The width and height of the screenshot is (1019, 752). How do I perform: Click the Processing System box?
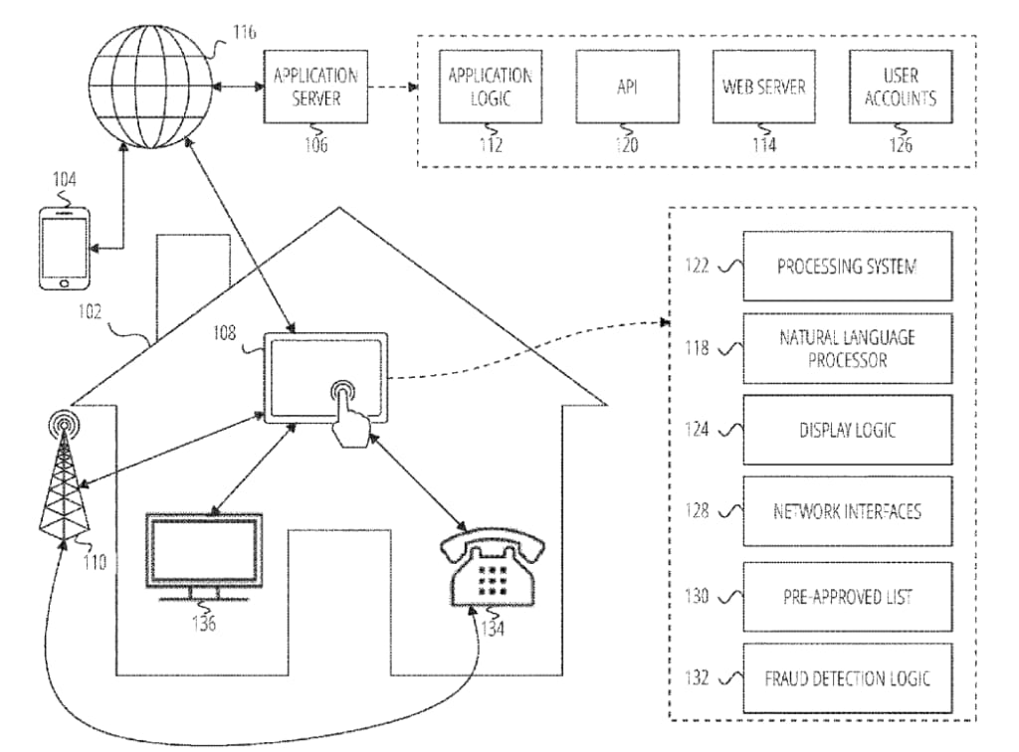pyautogui.click(x=846, y=267)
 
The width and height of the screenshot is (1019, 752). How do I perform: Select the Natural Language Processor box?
pyautogui.click(x=846, y=348)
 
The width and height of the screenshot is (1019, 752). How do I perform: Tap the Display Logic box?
pyautogui.click(x=846, y=430)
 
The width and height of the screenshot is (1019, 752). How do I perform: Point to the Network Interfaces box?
pyautogui.click(x=846, y=511)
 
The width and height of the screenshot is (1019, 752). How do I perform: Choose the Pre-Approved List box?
pyautogui.click(x=846, y=596)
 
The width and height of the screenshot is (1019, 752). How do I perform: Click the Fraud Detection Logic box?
pyautogui.click(x=846, y=678)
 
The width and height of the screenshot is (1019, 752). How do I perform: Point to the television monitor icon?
pyautogui.click(x=204, y=554)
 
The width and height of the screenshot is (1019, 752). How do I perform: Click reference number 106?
pyautogui.click(x=316, y=145)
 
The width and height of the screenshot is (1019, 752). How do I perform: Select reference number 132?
pyautogui.click(x=698, y=678)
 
